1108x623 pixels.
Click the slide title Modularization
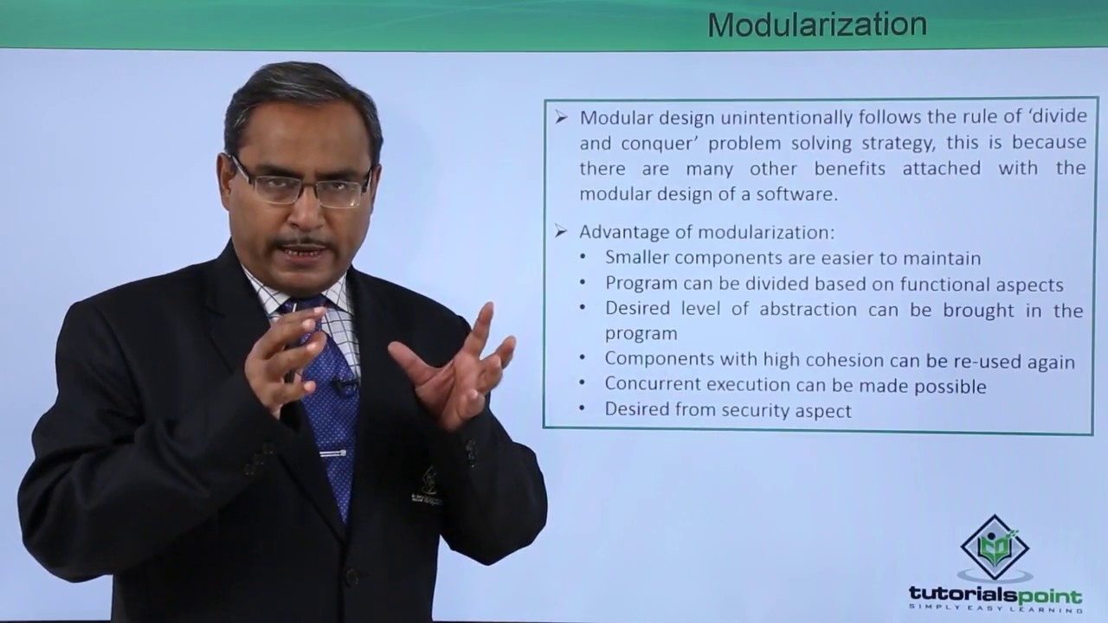pos(816,24)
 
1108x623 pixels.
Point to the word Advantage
pos(635,232)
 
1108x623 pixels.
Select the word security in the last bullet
pos(761,411)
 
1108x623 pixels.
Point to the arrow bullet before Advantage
pos(561,232)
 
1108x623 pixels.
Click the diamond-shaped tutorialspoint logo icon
pos(995,548)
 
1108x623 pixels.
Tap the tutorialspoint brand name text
pos(995,595)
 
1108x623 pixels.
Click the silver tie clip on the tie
pos(332,453)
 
